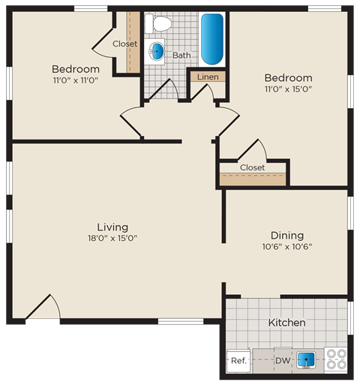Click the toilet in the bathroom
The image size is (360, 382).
point(158,25)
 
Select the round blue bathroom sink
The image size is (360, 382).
point(157,52)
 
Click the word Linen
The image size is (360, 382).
point(208,77)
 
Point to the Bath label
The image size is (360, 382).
point(181,55)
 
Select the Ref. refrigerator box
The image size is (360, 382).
point(238,361)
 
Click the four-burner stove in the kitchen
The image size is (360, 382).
point(335,360)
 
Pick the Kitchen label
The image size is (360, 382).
point(286,323)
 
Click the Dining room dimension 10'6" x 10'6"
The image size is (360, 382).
point(286,246)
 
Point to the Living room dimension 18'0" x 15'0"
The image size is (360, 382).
point(112,239)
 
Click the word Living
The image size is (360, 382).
point(112,226)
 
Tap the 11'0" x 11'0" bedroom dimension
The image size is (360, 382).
point(76,80)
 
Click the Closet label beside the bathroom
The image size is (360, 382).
point(124,44)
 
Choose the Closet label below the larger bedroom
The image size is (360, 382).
point(252,167)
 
